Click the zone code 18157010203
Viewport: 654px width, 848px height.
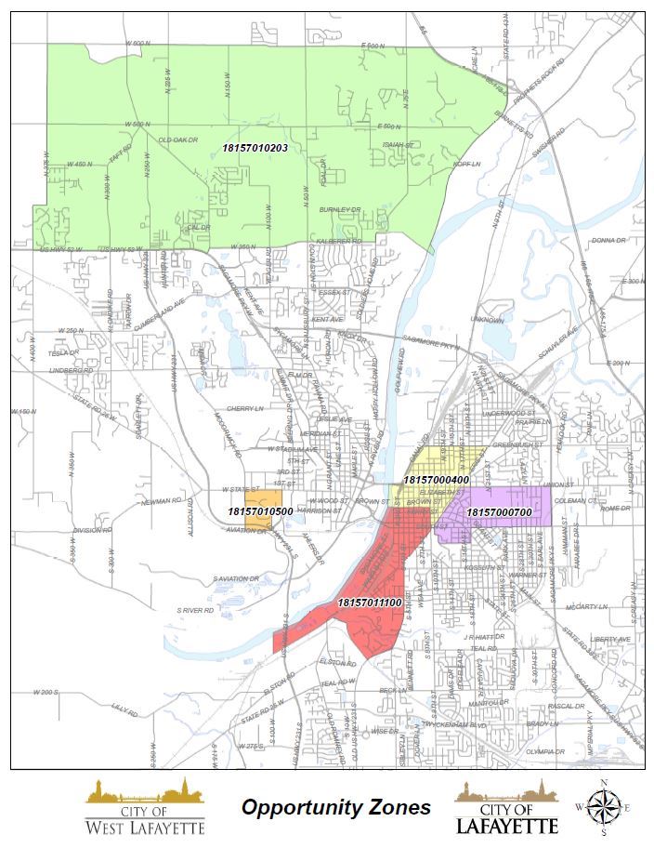[255, 148]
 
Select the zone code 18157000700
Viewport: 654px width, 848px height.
[498, 512]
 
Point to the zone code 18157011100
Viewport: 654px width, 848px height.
[369, 603]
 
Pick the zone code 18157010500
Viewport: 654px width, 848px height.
[261, 511]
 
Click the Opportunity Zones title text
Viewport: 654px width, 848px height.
[336, 807]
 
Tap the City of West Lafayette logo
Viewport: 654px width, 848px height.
[145, 807]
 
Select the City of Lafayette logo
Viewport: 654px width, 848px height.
[506, 807]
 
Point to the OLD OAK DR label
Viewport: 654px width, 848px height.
[178, 140]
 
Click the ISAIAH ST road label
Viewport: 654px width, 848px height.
[398, 145]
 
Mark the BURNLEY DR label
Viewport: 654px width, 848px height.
[340, 211]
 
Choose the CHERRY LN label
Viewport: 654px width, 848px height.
[245, 407]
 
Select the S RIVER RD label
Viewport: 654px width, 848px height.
[197, 610]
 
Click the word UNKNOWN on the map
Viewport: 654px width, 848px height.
[487, 320]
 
